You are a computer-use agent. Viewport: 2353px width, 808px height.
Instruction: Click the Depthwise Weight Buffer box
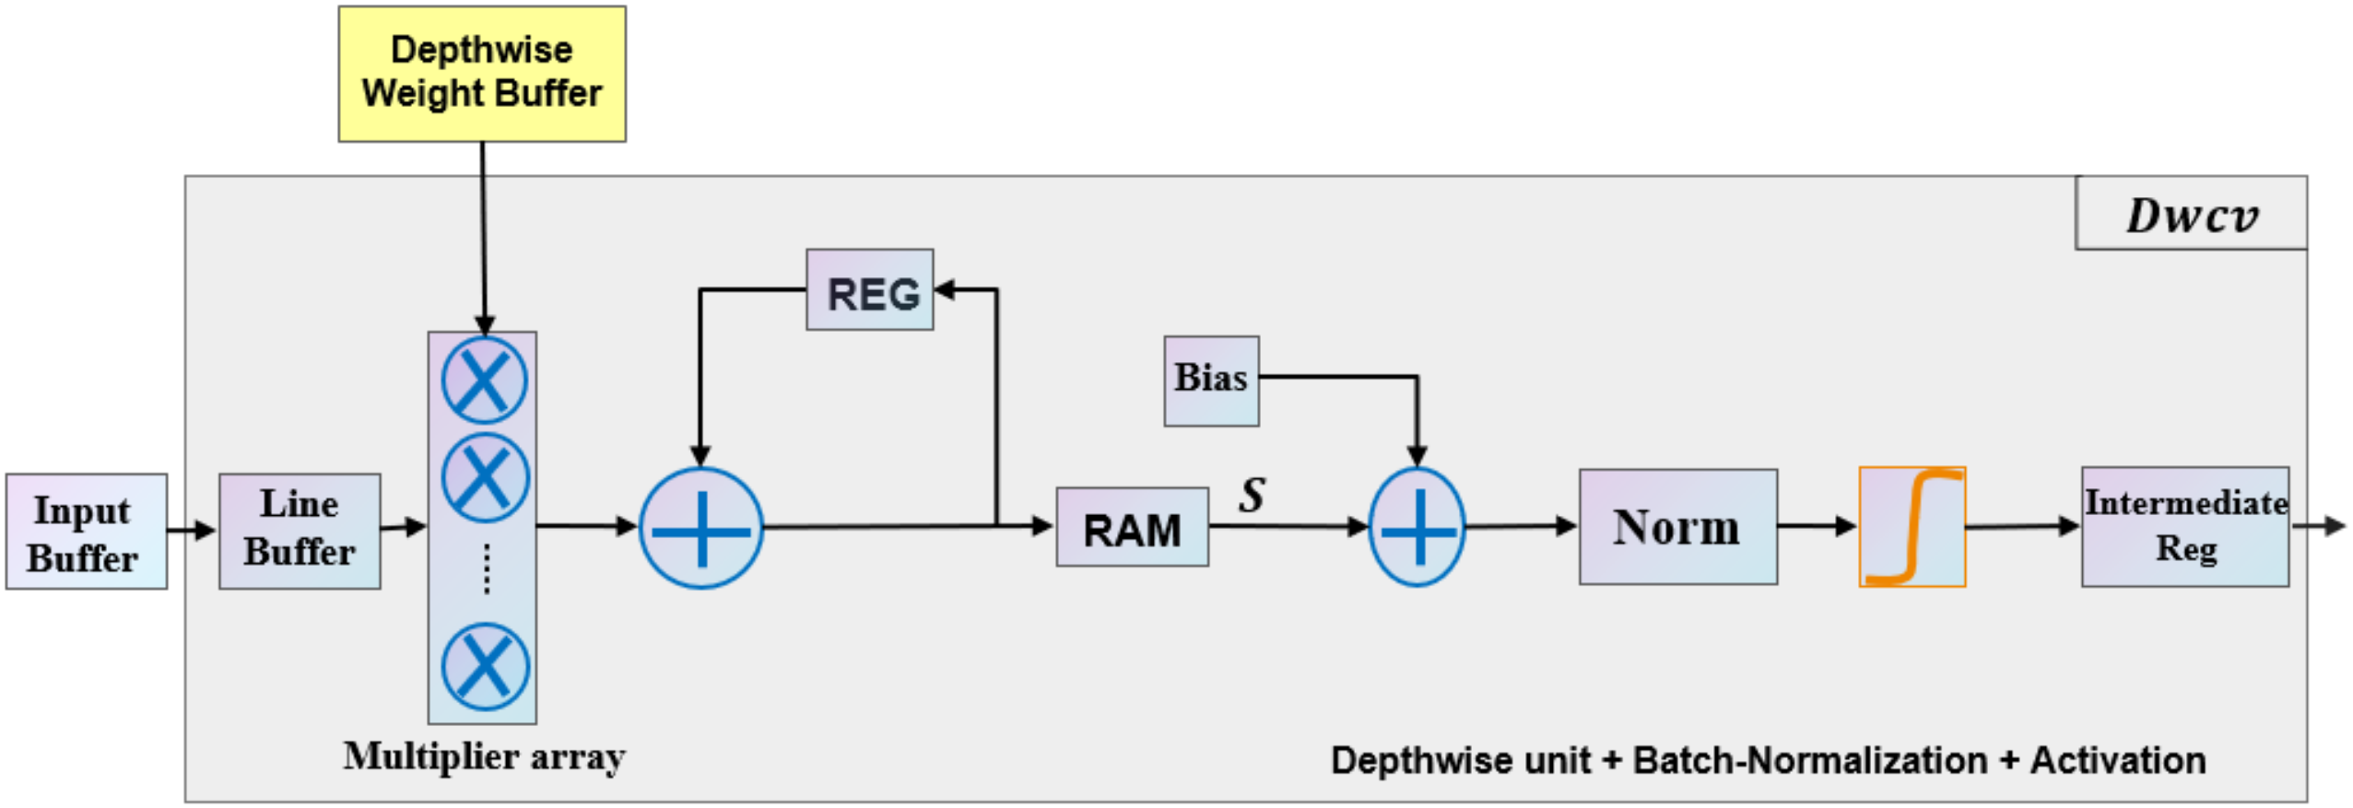pyautogui.click(x=481, y=74)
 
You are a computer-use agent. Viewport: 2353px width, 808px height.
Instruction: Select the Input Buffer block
pyautogui.click(x=86, y=532)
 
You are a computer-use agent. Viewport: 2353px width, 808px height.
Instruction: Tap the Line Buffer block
pyautogui.click(x=300, y=530)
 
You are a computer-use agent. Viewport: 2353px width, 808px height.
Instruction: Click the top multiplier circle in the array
pyautogui.click(x=484, y=381)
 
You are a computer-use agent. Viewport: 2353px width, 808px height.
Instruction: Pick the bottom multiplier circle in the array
pyautogui.click(x=485, y=667)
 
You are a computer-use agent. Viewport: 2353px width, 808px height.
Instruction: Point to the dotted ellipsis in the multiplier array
pyautogui.click(x=487, y=568)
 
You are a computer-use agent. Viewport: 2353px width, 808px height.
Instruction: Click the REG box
pyautogui.click(x=869, y=290)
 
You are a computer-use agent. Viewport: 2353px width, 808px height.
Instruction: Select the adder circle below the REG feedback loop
pyautogui.click(x=701, y=529)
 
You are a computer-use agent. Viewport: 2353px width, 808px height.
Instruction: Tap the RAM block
pyautogui.click(x=1131, y=527)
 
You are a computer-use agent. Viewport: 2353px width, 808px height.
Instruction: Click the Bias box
pyautogui.click(x=1210, y=380)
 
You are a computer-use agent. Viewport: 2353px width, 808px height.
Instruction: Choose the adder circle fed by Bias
pyautogui.click(x=1417, y=528)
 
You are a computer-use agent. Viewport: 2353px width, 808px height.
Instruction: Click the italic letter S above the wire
pyautogui.click(x=1252, y=495)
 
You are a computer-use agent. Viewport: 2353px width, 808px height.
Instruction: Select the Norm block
pyautogui.click(x=1677, y=527)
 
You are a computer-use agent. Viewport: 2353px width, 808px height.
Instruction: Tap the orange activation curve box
pyautogui.click(x=1912, y=527)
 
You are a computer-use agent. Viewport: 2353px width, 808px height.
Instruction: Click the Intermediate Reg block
pyautogui.click(x=2184, y=526)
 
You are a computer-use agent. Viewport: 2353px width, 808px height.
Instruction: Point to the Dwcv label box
pyautogui.click(x=2190, y=214)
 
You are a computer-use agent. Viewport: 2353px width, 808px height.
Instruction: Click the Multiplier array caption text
pyautogui.click(x=484, y=756)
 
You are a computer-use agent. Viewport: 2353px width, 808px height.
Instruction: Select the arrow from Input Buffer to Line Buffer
pyautogui.click(x=192, y=530)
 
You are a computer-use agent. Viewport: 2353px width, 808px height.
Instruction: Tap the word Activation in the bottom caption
pyautogui.click(x=2117, y=761)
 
